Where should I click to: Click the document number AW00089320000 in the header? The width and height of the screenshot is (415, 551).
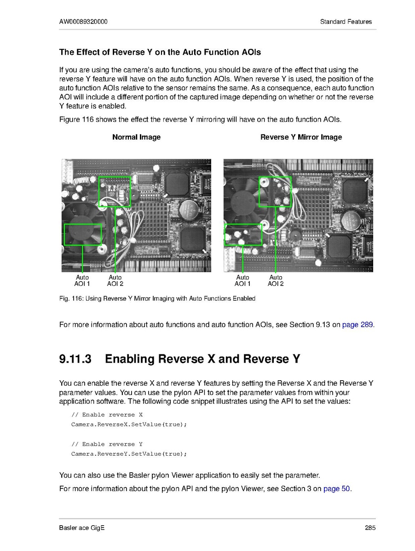(83, 22)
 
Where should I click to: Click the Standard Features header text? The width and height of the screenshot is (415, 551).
(346, 22)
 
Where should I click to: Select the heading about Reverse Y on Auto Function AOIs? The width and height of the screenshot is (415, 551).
(160, 52)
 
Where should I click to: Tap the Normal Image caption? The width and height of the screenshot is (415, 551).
(136, 137)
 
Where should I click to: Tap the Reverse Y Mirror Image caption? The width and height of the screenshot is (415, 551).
(301, 137)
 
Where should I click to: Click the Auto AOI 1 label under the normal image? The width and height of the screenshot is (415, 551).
(82, 281)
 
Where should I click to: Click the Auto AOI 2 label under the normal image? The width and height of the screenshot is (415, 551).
(115, 281)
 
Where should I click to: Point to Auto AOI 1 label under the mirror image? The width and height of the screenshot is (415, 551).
(242, 281)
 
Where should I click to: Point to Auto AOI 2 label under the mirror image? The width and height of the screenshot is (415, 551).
(276, 281)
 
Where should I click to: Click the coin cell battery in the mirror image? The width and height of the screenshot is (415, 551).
(351, 220)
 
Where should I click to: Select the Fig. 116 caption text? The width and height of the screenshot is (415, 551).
(157, 299)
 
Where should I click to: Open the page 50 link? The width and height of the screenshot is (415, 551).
(337, 488)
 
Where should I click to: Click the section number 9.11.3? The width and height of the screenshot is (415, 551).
(76, 359)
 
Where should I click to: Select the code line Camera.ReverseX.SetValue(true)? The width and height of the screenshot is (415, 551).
(129, 424)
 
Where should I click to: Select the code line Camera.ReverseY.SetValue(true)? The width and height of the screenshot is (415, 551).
(129, 454)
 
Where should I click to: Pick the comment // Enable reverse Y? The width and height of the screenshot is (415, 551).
(107, 444)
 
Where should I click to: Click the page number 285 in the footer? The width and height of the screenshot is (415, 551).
(370, 528)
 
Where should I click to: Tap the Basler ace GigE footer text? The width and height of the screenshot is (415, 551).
(82, 528)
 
